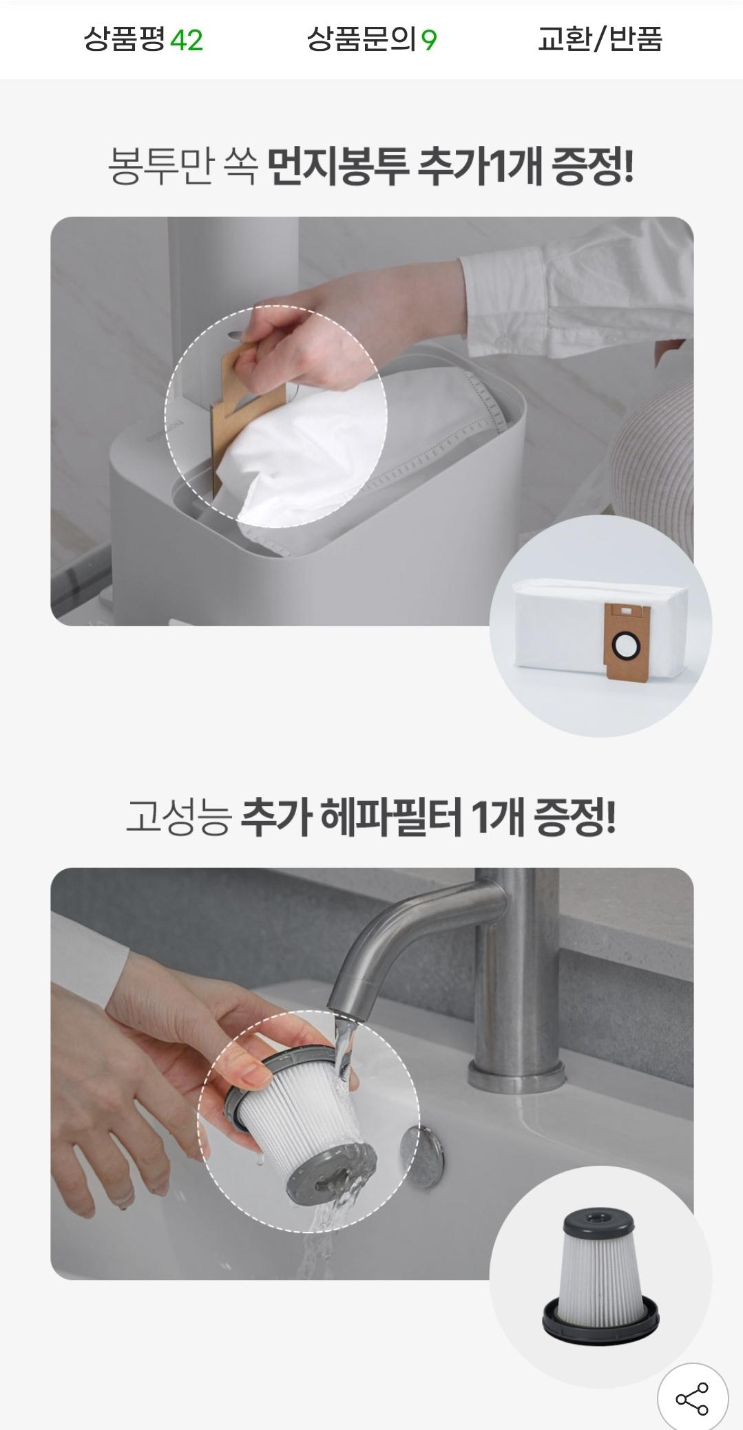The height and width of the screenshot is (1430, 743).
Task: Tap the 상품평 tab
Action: (125, 39)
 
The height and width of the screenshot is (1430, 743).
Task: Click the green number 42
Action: (186, 41)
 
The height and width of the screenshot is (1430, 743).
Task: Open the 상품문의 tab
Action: (362, 39)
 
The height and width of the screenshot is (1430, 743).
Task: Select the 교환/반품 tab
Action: (600, 39)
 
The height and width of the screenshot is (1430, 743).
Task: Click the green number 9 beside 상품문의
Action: (429, 41)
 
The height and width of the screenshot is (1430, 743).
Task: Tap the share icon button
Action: (692, 1398)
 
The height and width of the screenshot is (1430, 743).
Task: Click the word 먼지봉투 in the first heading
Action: (337, 167)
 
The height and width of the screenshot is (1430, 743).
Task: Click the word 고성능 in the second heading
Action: (177, 819)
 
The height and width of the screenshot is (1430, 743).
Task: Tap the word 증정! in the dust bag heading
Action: (593, 167)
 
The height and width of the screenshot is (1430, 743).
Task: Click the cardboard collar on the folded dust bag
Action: (625, 644)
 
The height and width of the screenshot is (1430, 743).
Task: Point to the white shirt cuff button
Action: (503, 339)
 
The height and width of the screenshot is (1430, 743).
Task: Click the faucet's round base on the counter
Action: (516, 1075)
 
